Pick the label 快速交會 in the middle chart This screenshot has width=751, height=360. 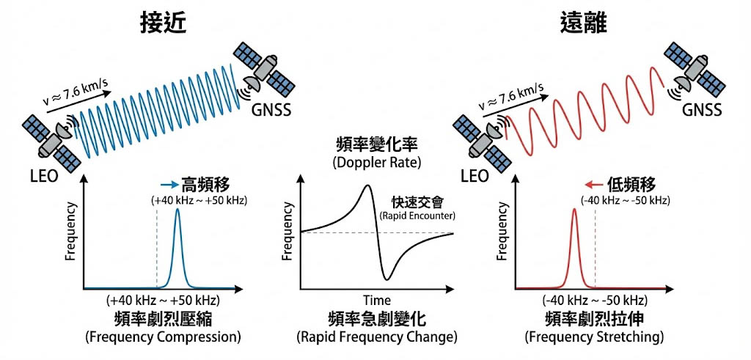(x=416, y=201)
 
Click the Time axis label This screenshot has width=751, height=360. (x=376, y=301)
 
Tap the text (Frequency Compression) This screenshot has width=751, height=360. (x=163, y=337)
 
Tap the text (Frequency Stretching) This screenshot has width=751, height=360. (x=594, y=337)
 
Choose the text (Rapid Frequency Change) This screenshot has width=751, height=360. (x=377, y=337)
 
